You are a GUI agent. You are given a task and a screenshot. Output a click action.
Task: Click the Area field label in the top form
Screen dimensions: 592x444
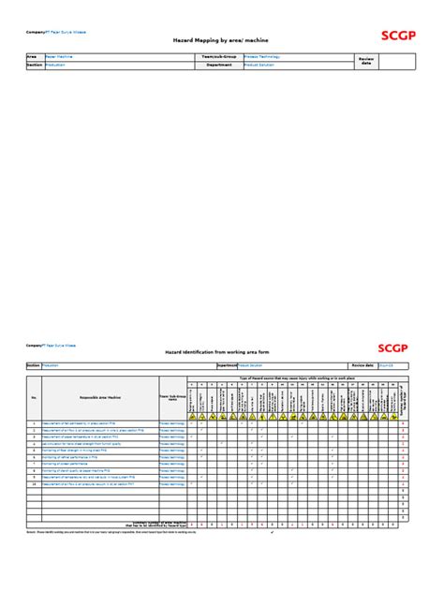[x=31, y=57]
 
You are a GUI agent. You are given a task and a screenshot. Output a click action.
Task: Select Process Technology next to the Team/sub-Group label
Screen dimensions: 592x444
[x=268, y=57]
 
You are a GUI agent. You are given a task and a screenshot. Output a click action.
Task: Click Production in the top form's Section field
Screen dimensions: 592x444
[x=55, y=66]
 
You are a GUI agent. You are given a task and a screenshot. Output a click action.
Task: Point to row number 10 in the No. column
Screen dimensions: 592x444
[x=34, y=484]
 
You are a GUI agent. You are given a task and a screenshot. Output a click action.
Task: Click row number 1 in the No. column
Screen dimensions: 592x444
[x=34, y=423]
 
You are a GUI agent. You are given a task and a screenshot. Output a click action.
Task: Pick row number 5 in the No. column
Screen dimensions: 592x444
[x=34, y=451]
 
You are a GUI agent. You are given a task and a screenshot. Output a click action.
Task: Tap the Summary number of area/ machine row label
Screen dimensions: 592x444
[x=141, y=525]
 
